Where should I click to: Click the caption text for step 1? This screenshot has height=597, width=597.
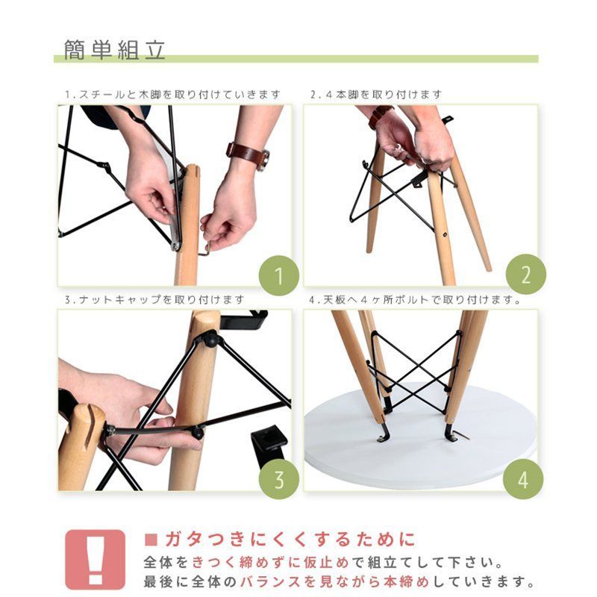[172, 95]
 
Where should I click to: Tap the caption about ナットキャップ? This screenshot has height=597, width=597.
[154, 300]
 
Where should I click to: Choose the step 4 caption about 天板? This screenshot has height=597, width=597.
[415, 300]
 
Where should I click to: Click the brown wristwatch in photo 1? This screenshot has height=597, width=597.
[248, 154]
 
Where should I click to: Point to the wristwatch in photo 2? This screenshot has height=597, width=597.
[380, 116]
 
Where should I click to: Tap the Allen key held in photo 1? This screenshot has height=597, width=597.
[206, 246]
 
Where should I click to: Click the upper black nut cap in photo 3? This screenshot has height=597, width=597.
[211, 340]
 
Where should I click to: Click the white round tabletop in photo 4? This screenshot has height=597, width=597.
[418, 448]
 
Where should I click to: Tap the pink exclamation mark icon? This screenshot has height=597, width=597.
[96, 559]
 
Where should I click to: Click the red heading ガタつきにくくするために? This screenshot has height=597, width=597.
[279, 540]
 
